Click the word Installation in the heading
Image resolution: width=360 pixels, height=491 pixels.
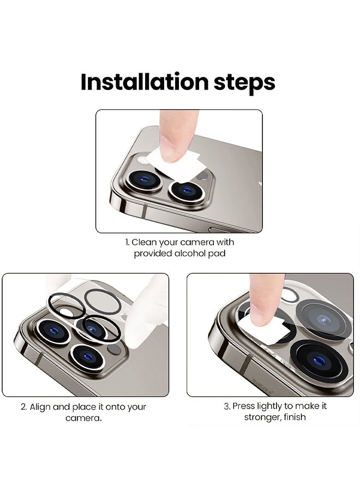145,82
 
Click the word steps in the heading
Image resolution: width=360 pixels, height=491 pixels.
244,83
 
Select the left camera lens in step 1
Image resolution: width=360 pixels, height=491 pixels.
145,180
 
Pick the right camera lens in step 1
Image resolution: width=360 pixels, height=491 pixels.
186,191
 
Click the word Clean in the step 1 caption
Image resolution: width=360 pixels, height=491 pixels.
145,242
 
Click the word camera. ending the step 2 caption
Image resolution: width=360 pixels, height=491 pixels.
83,418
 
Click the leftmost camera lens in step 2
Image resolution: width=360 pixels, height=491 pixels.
52,331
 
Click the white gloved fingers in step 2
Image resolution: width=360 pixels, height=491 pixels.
147,313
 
